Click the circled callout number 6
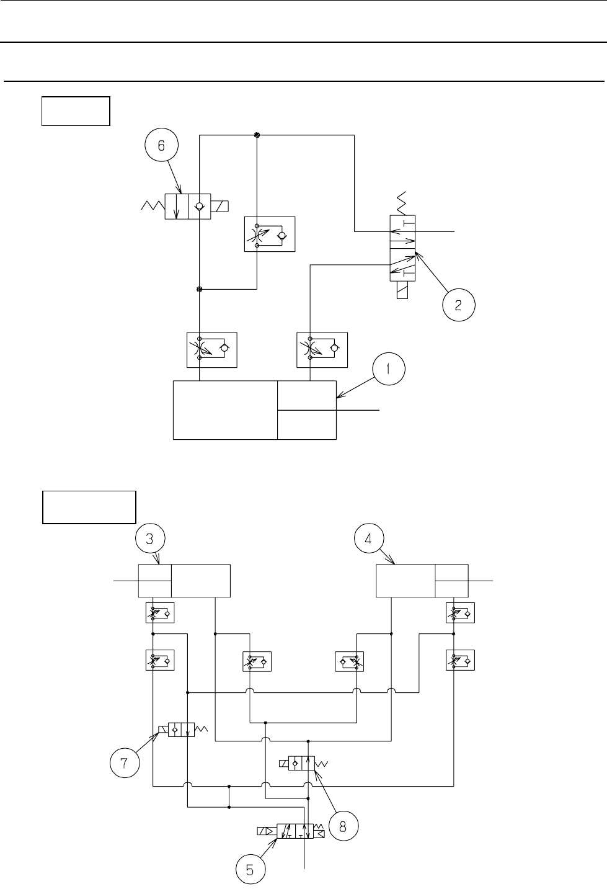[x=162, y=146]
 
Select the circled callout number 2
[x=458, y=305]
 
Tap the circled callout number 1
[x=388, y=370]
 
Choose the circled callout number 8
[x=344, y=826]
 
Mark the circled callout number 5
[x=249, y=870]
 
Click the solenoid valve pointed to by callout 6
[x=188, y=207]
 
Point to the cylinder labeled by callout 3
[x=184, y=580]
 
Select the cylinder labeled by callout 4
[x=422, y=580]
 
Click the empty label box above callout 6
[x=76, y=111]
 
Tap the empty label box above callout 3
[x=89, y=507]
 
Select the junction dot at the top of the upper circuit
[x=257, y=135]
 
